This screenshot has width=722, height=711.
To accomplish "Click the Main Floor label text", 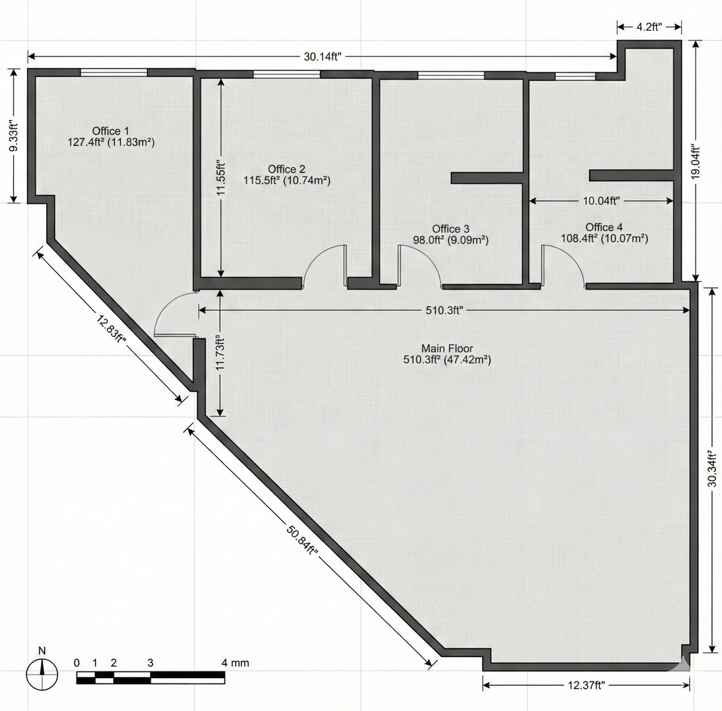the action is coord(447,349).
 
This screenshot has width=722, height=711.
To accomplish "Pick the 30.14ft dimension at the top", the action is coord(322,57).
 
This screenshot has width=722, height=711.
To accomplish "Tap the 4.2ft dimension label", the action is coord(649,27).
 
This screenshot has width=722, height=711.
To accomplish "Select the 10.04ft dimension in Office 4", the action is coord(602,201).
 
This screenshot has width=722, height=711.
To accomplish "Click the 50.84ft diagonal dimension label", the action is coord(303,539).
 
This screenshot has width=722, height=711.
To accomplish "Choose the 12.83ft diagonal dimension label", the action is coord(111,329).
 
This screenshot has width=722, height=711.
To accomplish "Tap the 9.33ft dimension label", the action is coord(14,136).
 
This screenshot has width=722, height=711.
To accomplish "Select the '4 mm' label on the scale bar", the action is coord(236,663).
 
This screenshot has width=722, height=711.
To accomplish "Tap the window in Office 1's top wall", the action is coord(115,72).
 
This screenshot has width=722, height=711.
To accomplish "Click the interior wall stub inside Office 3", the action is coord(486,177).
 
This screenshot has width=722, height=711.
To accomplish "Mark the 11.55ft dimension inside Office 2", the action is coord(222,178).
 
